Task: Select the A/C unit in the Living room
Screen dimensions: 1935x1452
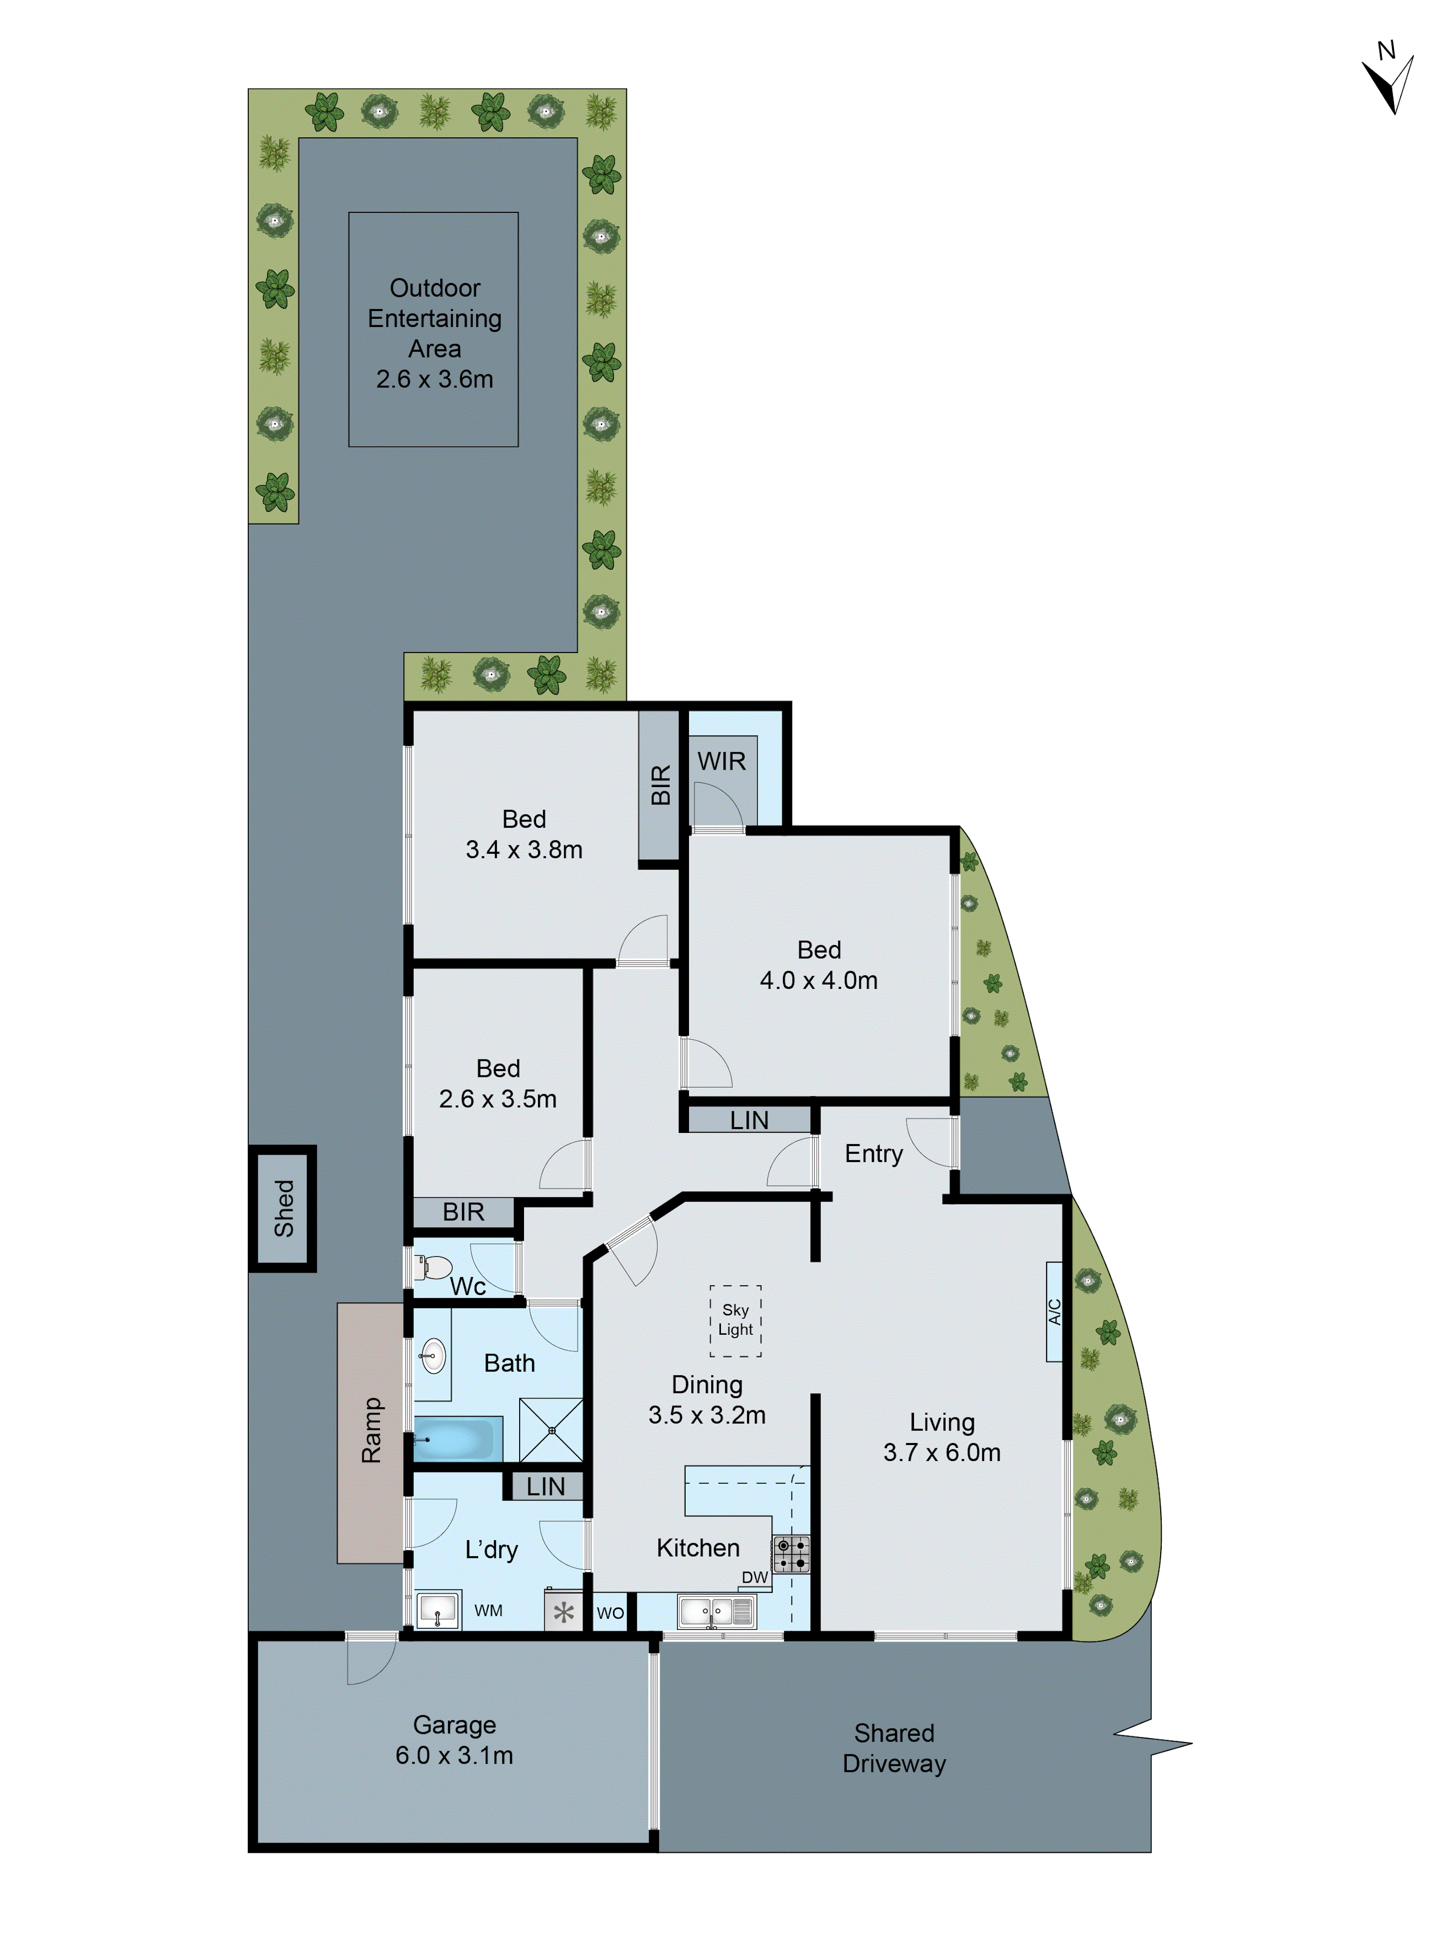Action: [x=1054, y=1311]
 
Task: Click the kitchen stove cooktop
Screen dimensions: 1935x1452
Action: [x=791, y=1554]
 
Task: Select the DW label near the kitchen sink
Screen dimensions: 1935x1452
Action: [x=754, y=1577]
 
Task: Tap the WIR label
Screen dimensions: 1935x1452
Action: [x=721, y=761]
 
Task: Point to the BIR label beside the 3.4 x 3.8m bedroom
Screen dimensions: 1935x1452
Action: [x=660, y=785]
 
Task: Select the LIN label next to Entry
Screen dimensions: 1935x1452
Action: [x=749, y=1120]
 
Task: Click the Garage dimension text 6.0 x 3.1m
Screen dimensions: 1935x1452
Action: [x=454, y=1755]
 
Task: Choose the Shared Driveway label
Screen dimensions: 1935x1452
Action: [x=894, y=1748]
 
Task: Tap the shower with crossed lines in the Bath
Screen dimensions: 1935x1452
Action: [x=551, y=1430]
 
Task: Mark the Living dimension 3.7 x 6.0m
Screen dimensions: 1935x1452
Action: [x=941, y=1452]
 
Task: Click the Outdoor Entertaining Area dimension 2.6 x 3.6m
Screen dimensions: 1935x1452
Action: [x=434, y=379]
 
